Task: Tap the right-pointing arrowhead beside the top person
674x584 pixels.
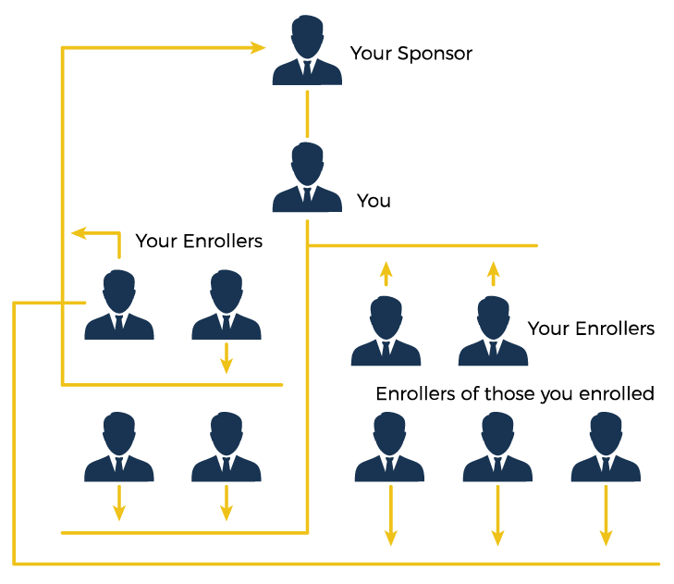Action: (x=258, y=47)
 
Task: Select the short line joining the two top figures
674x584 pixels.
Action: (x=307, y=113)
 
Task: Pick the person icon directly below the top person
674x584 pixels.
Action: (x=307, y=178)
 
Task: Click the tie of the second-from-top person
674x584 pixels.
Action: (x=307, y=197)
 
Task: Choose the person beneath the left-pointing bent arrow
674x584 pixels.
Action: (x=119, y=305)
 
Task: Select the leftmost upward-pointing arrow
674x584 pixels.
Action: (x=386, y=273)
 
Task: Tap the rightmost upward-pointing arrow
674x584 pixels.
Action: (x=493, y=273)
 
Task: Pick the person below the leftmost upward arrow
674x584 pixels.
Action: (x=386, y=331)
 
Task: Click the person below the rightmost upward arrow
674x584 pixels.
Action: (x=493, y=331)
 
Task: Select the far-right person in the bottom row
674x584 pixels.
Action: (x=606, y=448)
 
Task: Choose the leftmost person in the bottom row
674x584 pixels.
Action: (x=119, y=448)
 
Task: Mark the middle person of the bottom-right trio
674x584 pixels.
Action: (x=497, y=448)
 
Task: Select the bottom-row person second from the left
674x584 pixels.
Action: (x=227, y=448)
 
